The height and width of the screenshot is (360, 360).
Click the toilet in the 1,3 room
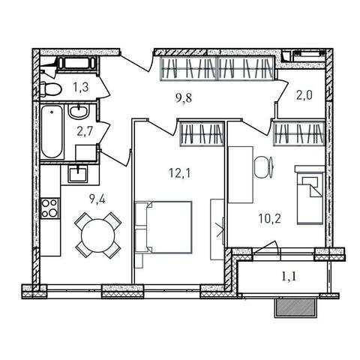pos(50,88)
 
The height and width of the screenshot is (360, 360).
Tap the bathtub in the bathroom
pos(52,131)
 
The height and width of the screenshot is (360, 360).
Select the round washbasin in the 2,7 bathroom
pos(79,112)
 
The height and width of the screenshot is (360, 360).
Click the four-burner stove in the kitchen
pos(50,208)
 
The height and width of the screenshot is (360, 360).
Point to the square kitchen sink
pos(79,174)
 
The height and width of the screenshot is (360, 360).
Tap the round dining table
pos(98,235)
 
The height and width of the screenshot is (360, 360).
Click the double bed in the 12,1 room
pos(163,227)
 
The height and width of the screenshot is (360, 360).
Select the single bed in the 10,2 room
pos(310,195)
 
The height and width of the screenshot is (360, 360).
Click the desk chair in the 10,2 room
pos(264,167)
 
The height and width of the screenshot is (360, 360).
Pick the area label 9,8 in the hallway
pos(184,98)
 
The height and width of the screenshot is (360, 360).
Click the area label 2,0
pos(304,95)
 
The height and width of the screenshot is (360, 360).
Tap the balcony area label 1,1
pos(289,277)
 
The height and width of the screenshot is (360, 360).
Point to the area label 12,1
pos(180,172)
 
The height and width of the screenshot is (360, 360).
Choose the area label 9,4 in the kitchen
pos(97,199)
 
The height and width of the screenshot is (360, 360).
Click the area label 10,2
pos(270,219)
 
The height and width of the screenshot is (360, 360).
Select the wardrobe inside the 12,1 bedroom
pos(202,133)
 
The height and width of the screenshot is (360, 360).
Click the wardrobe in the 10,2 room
pos(299,133)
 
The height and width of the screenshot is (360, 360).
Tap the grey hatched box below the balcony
pos(295,308)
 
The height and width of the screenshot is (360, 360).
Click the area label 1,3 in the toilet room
pos(81,88)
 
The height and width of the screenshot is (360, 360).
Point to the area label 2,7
pos(85,131)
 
